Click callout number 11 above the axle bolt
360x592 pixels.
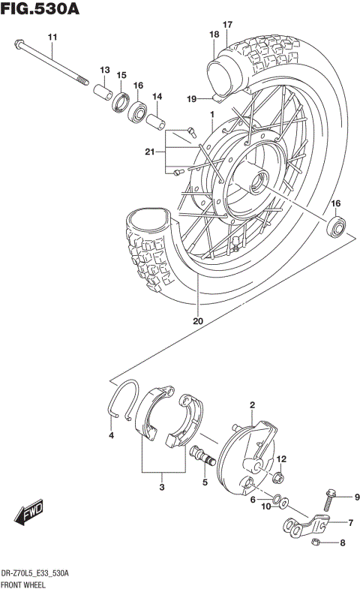click(52, 38)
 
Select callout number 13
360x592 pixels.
click(105, 69)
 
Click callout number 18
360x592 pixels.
click(214, 35)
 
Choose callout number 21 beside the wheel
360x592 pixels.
click(150, 153)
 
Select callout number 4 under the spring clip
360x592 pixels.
click(111, 436)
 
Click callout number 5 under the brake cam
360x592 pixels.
click(205, 482)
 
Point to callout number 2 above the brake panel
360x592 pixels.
click(253, 406)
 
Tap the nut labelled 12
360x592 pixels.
click(278, 476)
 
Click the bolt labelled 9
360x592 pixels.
click(331, 499)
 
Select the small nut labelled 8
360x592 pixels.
click(318, 542)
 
